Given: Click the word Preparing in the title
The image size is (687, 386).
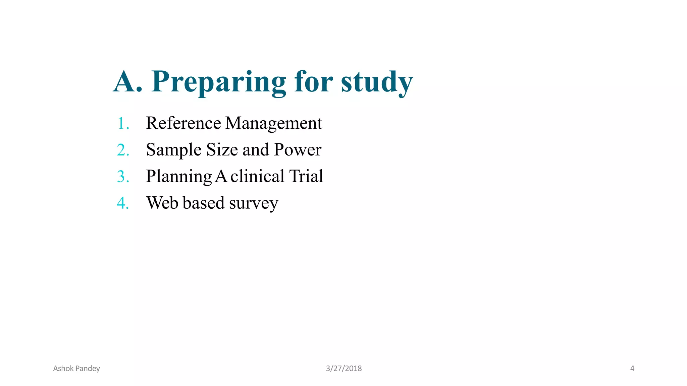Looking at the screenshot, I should point(219,82).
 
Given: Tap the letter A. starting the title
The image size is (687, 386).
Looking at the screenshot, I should point(127,82).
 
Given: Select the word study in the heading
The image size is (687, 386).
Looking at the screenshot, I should point(377,82).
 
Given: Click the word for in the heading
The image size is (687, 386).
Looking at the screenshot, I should point(313,82).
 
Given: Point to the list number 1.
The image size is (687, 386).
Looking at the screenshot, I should point(123,123).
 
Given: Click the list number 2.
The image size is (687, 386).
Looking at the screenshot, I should point(123,150).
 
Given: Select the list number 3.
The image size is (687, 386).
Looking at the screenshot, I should point(123,177).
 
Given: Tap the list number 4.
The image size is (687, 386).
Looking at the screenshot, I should point(123,203).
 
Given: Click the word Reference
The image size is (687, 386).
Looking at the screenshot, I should point(183,123).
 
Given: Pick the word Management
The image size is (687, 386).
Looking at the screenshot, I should point(274,123).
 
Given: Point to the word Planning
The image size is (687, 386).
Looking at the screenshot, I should point(179,177).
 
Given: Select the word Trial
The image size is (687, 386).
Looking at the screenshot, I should point(306,176).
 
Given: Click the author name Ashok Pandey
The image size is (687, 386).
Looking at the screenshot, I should point(76,369).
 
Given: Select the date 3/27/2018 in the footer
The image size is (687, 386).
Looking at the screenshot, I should point(344,369).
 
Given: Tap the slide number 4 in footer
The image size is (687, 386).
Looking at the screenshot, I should point(632,369).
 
